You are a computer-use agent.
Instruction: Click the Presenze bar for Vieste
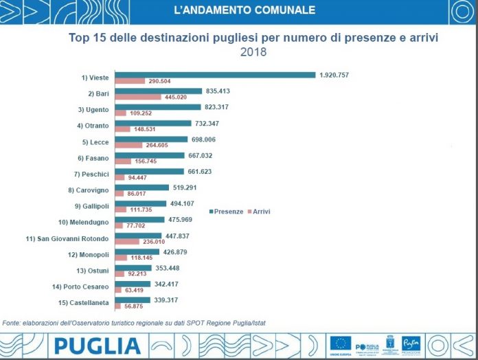[x=214, y=75]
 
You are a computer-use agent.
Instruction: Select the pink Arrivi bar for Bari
[x=138, y=97]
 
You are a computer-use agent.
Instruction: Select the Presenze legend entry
[x=226, y=212]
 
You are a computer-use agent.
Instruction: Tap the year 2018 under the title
[x=252, y=52]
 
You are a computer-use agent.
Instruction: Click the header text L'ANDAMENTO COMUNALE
[x=245, y=10]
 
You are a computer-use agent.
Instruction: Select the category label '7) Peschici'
[x=91, y=173]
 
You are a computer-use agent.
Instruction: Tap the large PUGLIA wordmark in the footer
[x=98, y=346]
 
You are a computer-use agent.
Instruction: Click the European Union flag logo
[x=341, y=343]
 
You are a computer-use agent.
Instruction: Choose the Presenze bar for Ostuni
[x=133, y=268]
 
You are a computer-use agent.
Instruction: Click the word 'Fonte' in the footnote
[x=12, y=322]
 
